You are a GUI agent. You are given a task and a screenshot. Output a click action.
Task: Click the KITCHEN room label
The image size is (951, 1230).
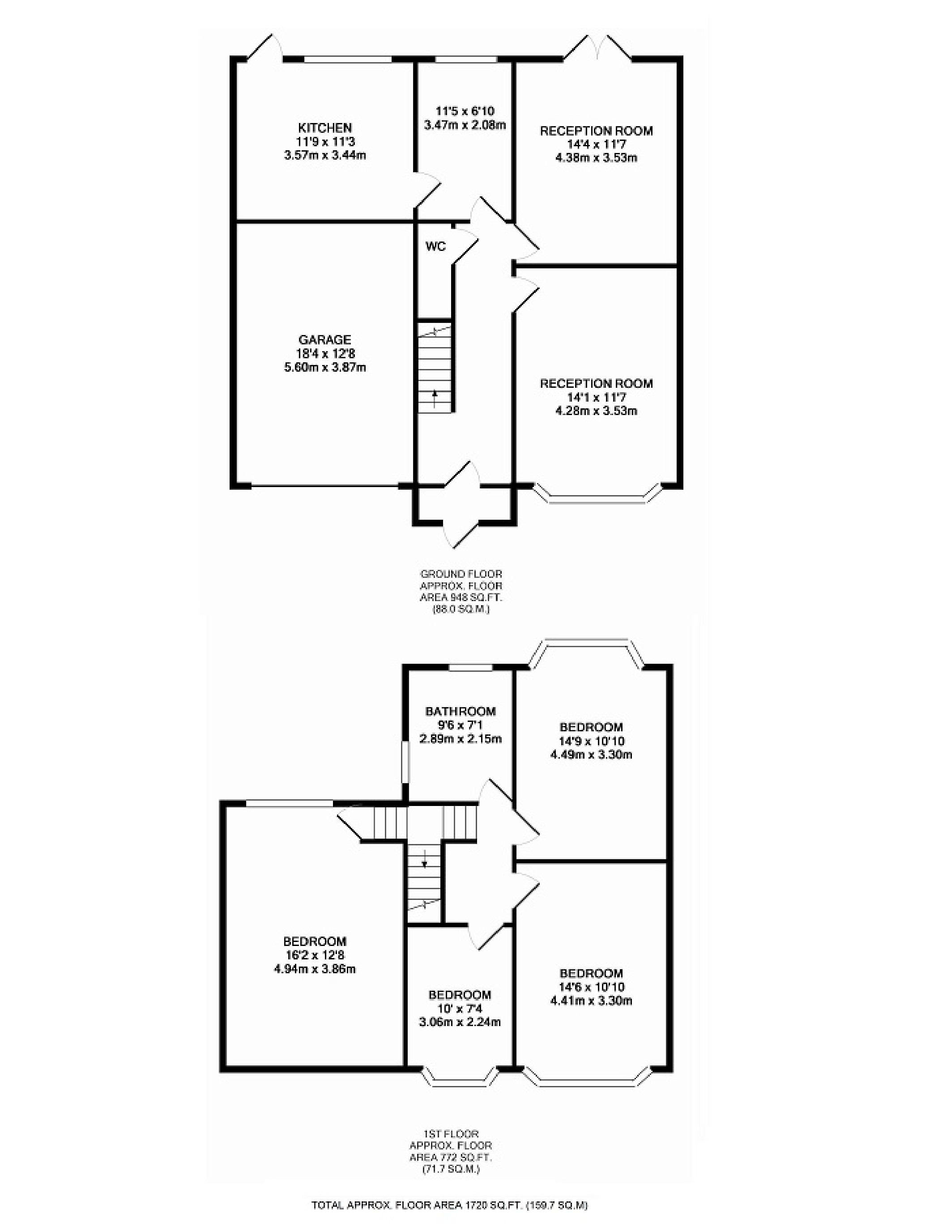click(x=325, y=128)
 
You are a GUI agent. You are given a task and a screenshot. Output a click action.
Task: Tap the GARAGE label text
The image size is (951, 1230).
click(x=324, y=339)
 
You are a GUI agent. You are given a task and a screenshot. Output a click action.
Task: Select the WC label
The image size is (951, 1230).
click(x=435, y=246)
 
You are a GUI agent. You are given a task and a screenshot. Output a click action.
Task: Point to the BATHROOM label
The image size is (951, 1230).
click(x=461, y=711)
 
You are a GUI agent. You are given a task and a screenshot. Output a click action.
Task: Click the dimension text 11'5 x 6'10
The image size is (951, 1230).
click(x=465, y=111)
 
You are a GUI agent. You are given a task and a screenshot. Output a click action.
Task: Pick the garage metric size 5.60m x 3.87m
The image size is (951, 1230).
click(x=325, y=367)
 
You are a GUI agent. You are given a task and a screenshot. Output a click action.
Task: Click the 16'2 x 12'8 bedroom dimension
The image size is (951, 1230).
click(x=314, y=955)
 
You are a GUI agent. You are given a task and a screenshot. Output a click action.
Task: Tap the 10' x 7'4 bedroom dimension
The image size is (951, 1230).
click(x=460, y=1009)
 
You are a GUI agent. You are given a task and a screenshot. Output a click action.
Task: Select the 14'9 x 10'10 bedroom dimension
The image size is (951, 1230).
click(x=591, y=741)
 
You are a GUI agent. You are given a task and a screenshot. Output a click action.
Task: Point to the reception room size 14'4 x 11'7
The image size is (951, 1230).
click(x=596, y=144)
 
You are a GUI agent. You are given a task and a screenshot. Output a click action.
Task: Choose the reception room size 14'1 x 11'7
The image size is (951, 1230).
click(x=596, y=397)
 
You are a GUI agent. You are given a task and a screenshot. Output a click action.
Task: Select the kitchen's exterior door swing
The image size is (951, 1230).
click(x=265, y=46)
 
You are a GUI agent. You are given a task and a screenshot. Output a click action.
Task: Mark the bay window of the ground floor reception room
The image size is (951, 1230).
click(x=597, y=493)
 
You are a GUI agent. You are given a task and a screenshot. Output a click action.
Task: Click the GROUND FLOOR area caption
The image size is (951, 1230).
click(x=461, y=591)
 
